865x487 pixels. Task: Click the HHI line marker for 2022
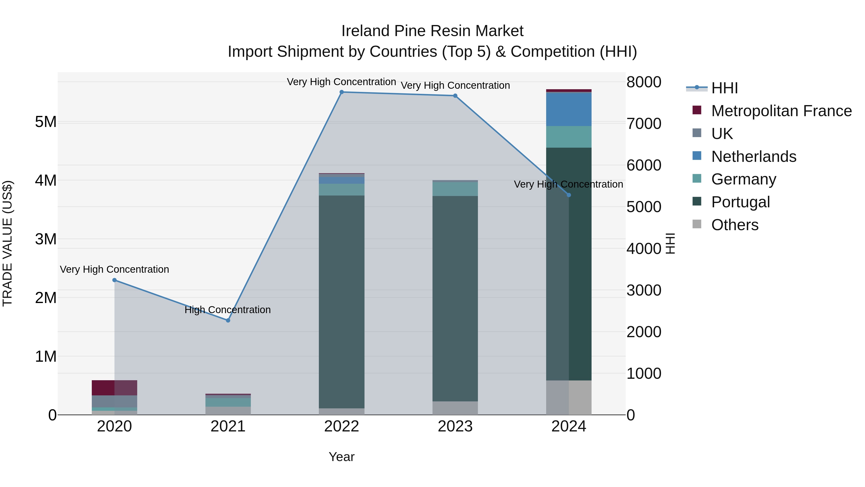click(341, 92)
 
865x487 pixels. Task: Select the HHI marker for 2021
click(228, 320)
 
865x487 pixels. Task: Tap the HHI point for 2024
click(568, 195)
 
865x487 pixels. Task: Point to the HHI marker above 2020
click(115, 280)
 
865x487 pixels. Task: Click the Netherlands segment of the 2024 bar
click(568, 109)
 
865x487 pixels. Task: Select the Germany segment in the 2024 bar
click(568, 137)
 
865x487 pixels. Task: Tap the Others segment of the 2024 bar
click(568, 397)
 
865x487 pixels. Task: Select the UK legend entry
click(722, 134)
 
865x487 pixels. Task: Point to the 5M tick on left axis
click(46, 122)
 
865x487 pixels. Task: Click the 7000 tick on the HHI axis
click(643, 124)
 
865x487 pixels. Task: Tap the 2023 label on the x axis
click(455, 426)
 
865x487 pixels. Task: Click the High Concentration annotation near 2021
click(228, 310)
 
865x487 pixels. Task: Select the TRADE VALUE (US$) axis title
click(7, 243)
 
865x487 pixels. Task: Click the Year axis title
click(341, 457)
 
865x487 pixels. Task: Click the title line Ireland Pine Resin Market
click(432, 31)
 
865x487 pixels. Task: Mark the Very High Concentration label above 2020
click(115, 269)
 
